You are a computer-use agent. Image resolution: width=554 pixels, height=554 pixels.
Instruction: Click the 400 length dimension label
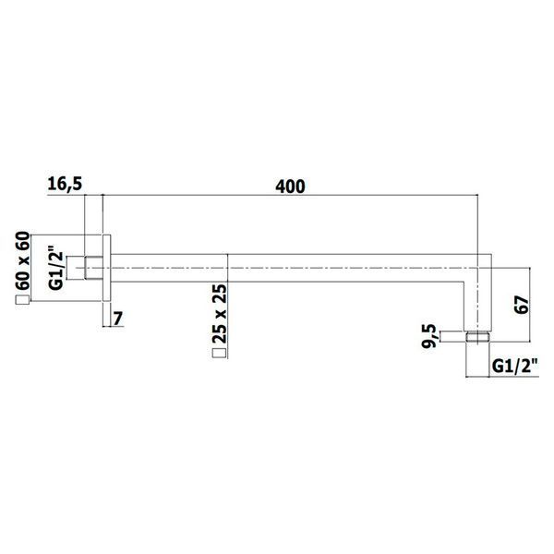tap(290, 187)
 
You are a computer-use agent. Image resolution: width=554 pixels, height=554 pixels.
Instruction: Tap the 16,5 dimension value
tap(65, 185)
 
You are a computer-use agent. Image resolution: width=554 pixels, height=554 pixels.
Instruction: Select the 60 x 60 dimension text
tap(22, 260)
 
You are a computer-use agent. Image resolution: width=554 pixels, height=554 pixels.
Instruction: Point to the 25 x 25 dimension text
tap(220, 314)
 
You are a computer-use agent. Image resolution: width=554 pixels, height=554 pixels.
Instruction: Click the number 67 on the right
tap(522, 305)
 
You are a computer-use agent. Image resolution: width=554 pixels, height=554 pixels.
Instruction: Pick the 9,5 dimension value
tap(430, 336)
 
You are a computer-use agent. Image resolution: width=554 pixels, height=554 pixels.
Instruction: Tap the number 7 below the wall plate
tap(118, 319)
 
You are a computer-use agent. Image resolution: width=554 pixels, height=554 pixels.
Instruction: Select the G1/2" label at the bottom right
tap(515, 367)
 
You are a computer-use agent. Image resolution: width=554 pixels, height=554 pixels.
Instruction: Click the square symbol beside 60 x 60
tap(22, 300)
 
